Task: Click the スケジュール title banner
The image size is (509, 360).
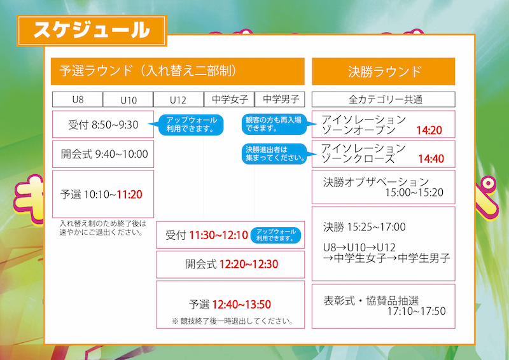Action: (x=92, y=31)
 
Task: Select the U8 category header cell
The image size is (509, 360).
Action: (x=78, y=99)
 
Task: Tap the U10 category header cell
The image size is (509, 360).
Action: (x=129, y=99)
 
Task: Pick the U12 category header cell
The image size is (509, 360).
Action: (x=179, y=99)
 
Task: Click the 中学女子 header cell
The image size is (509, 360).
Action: (x=230, y=99)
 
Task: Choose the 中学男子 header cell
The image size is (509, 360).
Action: (x=280, y=99)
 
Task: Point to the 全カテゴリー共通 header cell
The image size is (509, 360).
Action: (x=384, y=99)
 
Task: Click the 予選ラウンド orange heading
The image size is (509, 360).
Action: (x=178, y=71)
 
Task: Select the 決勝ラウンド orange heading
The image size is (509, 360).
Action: (x=384, y=71)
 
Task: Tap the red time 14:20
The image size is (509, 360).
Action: (x=429, y=130)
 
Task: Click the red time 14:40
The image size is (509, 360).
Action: (x=431, y=159)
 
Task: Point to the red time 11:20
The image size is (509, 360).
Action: (x=130, y=195)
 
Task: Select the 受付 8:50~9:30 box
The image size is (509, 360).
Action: (x=103, y=124)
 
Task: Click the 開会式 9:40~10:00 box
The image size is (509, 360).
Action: (x=103, y=154)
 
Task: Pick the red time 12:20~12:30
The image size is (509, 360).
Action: (x=249, y=264)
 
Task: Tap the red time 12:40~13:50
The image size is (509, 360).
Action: (x=242, y=305)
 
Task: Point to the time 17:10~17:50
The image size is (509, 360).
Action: (x=417, y=311)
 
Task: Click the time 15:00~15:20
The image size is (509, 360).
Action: (x=414, y=193)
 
